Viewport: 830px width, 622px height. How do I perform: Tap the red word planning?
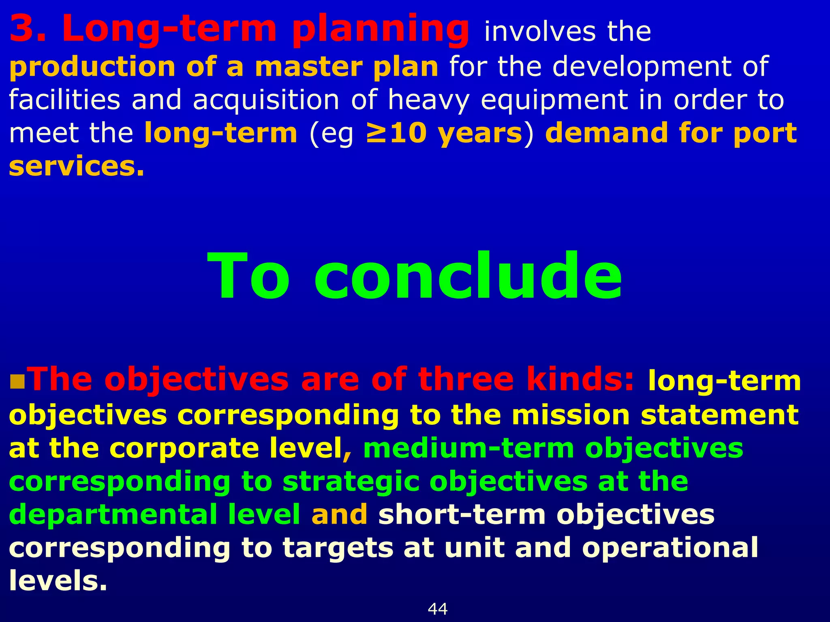click(x=380, y=29)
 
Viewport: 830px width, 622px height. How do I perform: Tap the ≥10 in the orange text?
click(x=396, y=133)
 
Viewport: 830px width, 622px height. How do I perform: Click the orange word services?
click(x=76, y=166)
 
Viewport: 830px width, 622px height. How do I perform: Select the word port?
click(x=765, y=134)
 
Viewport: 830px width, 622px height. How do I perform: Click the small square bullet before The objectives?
click(x=17, y=381)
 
